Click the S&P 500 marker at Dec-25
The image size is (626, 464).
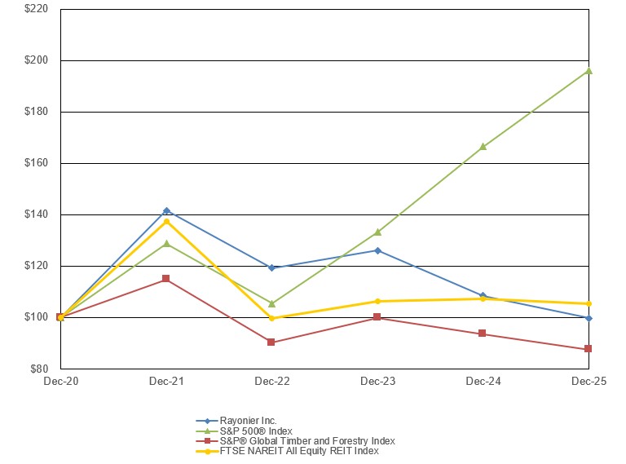pos(588,71)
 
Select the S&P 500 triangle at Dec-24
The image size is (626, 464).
pos(483,147)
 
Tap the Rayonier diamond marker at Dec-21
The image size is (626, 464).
pos(166,211)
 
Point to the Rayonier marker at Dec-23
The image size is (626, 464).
pos(377,250)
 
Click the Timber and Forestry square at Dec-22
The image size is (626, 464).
pos(271,342)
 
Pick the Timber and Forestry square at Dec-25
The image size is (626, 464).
pos(588,349)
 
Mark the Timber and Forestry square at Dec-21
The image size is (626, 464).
pos(166,279)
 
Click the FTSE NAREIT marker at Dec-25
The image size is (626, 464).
pos(588,304)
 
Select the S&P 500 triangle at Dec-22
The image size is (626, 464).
pos(271,303)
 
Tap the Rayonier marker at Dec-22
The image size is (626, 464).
pos(271,267)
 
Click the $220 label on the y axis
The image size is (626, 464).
pos(36,9)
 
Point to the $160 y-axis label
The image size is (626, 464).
pos(36,163)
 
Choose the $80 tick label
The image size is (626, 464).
pos(38,369)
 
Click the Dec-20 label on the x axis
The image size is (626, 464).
pos(60,382)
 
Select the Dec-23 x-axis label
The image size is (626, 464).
pos(377,382)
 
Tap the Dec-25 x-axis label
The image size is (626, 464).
pos(588,382)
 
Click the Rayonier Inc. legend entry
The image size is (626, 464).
pos(249,421)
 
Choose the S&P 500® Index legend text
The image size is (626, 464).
pos(257,431)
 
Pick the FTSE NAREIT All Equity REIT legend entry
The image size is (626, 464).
pos(299,450)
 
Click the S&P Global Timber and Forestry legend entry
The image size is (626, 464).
pos(307,440)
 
